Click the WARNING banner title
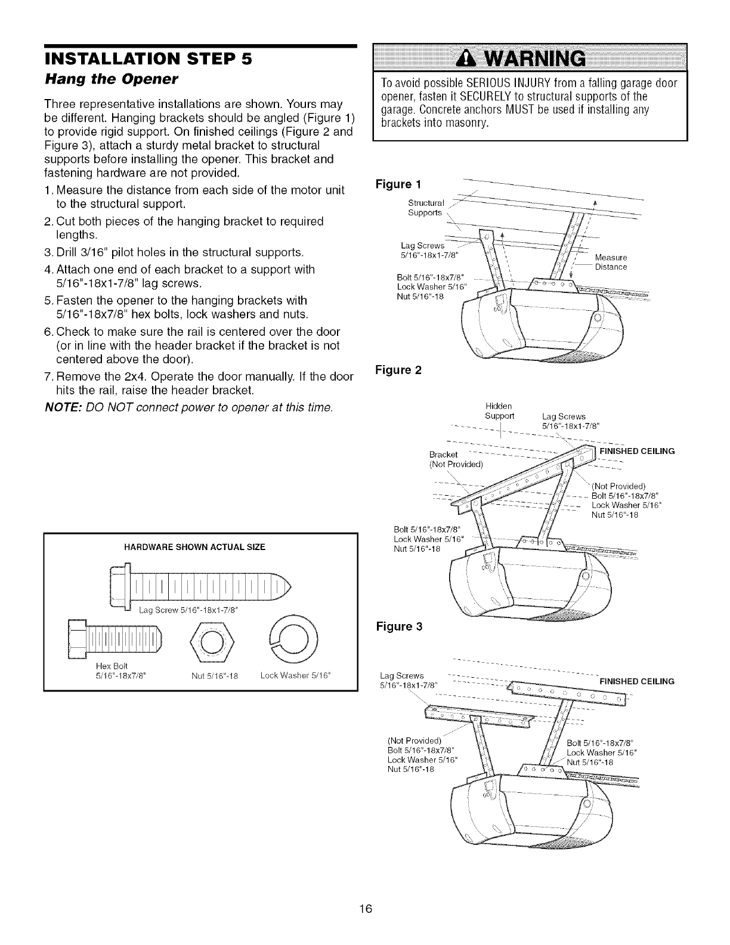pyautogui.click(x=530, y=59)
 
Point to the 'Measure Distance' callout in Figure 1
pyautogui.click(x=611, y=262)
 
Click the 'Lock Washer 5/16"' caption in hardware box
pyautogui.click(x=295, y=676)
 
